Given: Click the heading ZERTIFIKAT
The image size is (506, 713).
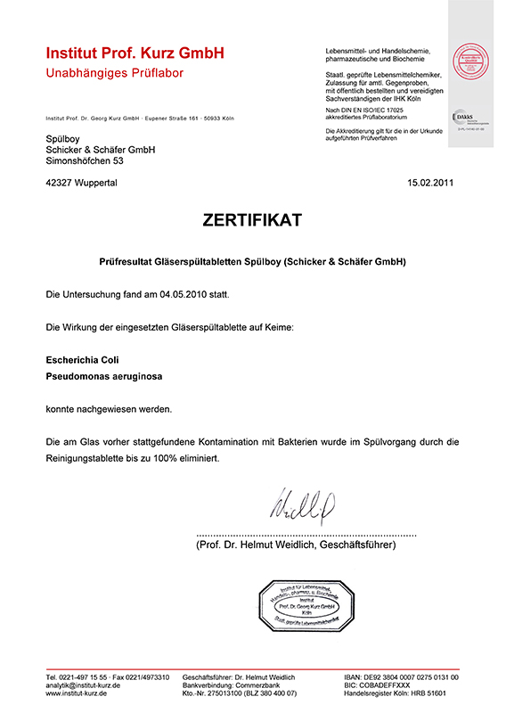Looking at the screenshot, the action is click(x=252, y=220).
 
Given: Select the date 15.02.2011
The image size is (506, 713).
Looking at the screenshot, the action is click(x=430, y=183).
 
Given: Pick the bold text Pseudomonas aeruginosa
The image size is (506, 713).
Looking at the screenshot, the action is click(x=103, y=377).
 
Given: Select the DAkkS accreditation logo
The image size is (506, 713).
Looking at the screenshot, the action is click(x=467, y=119).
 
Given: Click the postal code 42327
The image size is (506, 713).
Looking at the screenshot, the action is click(x=61, y=183).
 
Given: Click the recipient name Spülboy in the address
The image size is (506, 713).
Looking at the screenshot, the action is click(x=62, y=139).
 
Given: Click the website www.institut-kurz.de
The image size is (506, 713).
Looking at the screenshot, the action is click(x=77, y=693).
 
